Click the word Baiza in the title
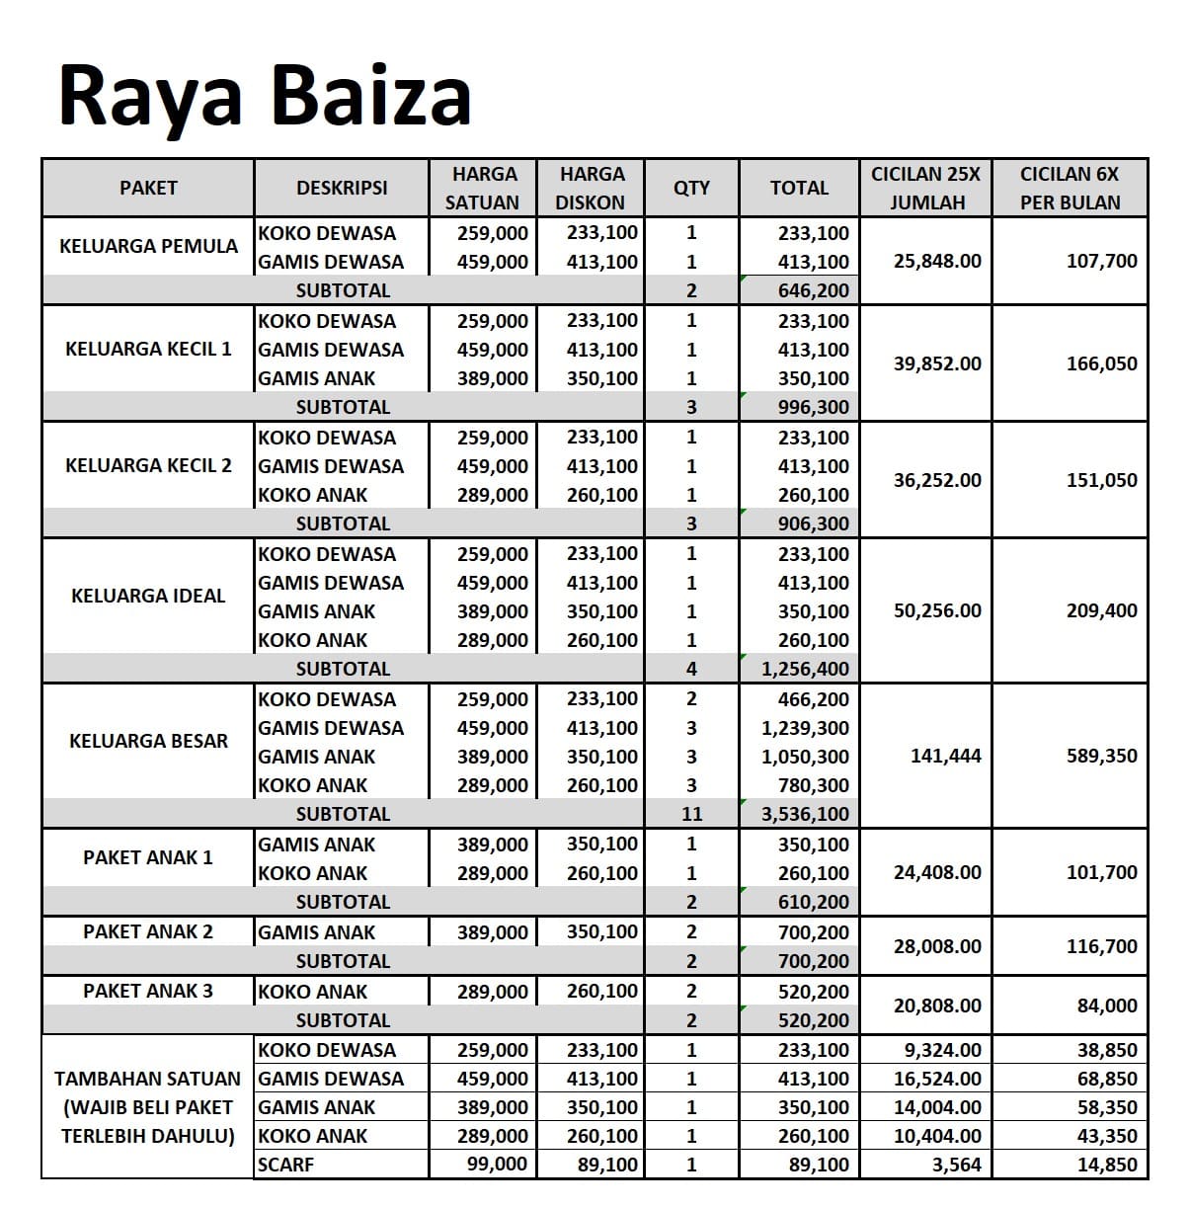coord(370,95)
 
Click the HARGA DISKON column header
coord(591,188)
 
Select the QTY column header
coord(691,188)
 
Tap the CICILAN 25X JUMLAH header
coord(925,188)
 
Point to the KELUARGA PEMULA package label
coord(148,246)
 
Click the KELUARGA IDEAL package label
coord(148,596)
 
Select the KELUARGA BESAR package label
coord(148,741)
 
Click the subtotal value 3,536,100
coord(805,814)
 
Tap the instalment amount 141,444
coord(945,756)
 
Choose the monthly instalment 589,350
coord(1101,756)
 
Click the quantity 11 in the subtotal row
coord(691,814)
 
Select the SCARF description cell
coord(285,1165)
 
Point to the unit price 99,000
coord(497,1165)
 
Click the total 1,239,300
coord(805,728)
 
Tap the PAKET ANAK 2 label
coord(148,931)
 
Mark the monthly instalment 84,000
coord(1106,1006)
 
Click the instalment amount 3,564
coord(956,1165)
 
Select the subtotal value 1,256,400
coord(805,669)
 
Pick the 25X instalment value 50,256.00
coord(937,610)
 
